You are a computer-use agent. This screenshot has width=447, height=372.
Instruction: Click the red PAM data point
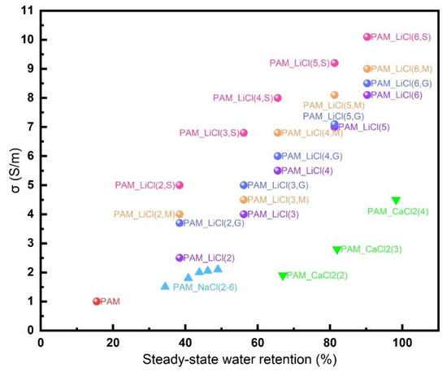coord(96,301)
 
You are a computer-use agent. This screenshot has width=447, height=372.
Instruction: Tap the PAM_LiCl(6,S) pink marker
coord(367,37)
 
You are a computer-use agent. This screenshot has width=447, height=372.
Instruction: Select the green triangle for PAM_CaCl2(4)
coord(396,201)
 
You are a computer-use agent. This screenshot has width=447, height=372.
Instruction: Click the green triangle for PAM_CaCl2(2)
coord(282,276)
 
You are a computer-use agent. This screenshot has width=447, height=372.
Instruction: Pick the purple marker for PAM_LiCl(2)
coord(180,257)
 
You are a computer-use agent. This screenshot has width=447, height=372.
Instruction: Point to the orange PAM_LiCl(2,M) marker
coord(180,214)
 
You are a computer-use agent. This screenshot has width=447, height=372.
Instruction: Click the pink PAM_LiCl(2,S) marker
coord(180,185)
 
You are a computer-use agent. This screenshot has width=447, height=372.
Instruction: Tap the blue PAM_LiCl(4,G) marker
coord(277,156)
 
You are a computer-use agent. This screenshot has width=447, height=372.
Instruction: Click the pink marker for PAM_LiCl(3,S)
coord(243,132)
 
